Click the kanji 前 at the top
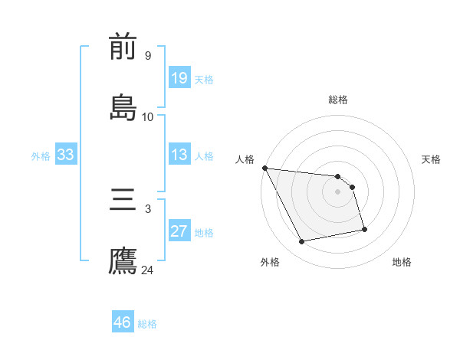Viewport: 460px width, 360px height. pyautogui.click(x=123, y=47)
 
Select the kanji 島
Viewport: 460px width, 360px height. pyautogui.click(x=123, y=107)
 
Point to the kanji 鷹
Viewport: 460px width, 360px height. pyautogui.click(x=123, y=260)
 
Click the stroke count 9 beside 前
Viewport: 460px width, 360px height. pyautogui.click(x=148, y=56)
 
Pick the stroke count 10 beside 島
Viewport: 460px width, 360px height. pyautogui.click(x=148, y=116)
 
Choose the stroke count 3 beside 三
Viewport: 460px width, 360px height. pyautogui.click(x=148, y=209)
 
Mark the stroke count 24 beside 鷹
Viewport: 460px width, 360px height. pyautogui.click(x=148, y=270)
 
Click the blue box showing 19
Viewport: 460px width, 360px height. pyautogui.click(x=179, y=77)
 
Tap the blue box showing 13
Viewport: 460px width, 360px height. pyautogui.click(x=179, y=155)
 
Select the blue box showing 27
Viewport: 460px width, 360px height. pyautogui.click(x=179, y=231)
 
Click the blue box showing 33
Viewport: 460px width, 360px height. pyautogui.click(x=66, y=155)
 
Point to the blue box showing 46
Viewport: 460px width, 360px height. pyautogui.click(x=123, y=322)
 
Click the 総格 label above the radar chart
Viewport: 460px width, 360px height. pyautogui.click(x=338, y=100)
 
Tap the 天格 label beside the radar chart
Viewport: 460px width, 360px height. pyautogui.click(x=431, y=159)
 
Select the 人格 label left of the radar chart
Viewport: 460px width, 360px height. pyautogui.click(x=245, y=159)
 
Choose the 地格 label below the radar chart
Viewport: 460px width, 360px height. pyautogui.click(x=402, y=262)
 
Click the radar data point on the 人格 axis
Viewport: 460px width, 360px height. pyautogui.click(x=264, y=168)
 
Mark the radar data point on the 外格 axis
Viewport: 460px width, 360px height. pyautogui.click(x=302, y=242)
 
